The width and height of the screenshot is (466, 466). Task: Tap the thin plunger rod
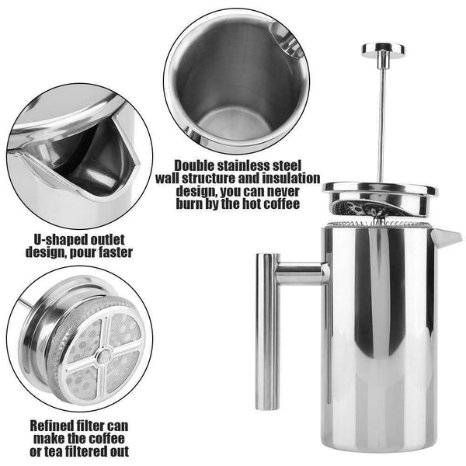382,116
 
